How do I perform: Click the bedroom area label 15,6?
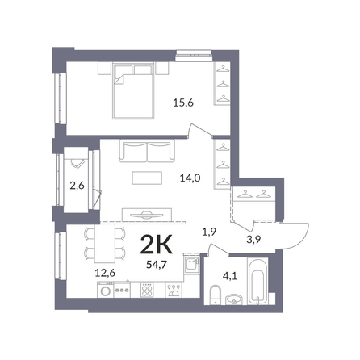coord(183,103)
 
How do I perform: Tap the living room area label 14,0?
coord(190,178)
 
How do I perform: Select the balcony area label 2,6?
coord(77,186)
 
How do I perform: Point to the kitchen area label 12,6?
coord(105,273)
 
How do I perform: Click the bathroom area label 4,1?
coord(230,276)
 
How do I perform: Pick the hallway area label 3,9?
coord(253,239)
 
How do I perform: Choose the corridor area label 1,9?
coord(209,232)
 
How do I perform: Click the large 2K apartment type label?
coord(157,245)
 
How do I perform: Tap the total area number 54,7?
coord(157,265)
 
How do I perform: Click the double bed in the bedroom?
coord(134,90)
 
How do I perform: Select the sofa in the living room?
coord(147,152)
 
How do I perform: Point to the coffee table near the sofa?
coord(147,178)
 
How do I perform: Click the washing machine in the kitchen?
coord(106,290)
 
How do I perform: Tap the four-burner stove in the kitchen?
coord(147,290)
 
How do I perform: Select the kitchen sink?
coord(191,264)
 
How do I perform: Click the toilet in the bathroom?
coord(216,294)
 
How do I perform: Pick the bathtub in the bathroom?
coord(257,282)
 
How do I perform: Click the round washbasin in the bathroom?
coord(234,299)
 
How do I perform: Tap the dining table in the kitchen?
coord(104,244)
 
